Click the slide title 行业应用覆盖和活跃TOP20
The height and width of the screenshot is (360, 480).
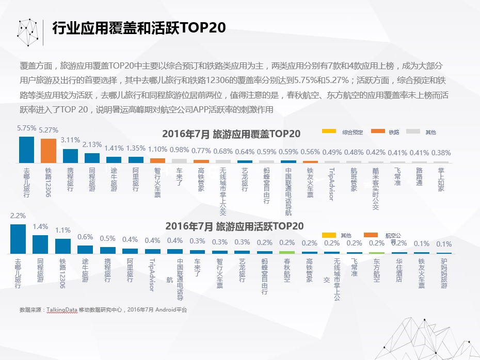[x=139, y=28]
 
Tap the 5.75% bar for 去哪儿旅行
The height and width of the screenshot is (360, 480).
[x=26, y=150]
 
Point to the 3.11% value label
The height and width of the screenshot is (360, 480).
[x=70, y=140]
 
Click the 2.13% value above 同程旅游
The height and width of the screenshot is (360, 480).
[x=92, y=144]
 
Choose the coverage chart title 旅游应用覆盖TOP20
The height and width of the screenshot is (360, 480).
[x=231, y=134]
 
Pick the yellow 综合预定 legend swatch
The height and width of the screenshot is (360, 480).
[x=329, y=132]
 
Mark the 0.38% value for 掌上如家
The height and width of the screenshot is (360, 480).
[x=440, y=153]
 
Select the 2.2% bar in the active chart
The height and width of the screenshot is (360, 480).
[x=19, y=239]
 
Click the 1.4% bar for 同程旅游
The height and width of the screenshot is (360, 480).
[x=40, y=244]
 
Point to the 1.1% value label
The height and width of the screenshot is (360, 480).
[x=62, y=230]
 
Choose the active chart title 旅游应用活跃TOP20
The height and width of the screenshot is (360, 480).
[x=234, y=226]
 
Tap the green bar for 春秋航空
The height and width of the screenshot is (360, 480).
[x=287, y=252]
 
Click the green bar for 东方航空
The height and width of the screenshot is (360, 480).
[x=377, y=253]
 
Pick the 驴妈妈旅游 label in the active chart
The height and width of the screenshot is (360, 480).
[x=444, y=273]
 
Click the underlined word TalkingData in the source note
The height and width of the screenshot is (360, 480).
[x=62, y=310]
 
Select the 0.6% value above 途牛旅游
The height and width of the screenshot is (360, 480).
[x=85, y=237]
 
